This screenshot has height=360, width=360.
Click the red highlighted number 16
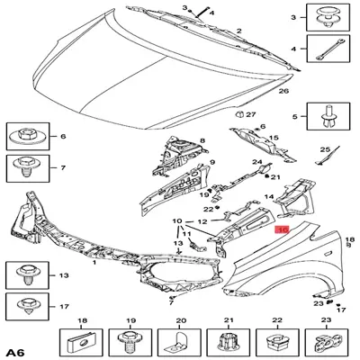282,231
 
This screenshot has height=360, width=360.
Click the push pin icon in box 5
324,115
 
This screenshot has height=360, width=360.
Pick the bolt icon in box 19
130,341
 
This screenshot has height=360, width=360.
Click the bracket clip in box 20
179,341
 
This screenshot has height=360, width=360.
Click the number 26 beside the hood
282,91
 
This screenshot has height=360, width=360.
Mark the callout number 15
275,138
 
